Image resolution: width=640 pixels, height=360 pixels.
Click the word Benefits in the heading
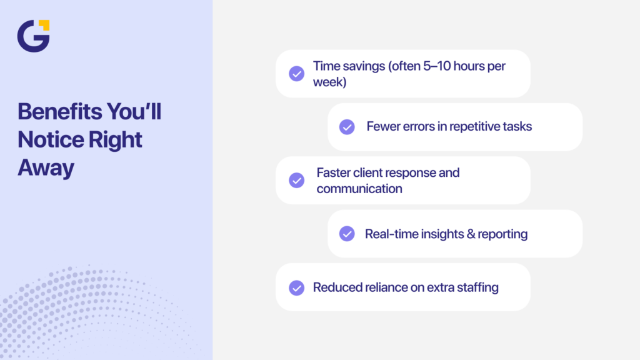point(58,112)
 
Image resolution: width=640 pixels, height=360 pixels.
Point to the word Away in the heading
point(46,167)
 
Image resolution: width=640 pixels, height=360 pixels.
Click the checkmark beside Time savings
point(296,74)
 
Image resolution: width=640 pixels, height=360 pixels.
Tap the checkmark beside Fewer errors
point(347,127)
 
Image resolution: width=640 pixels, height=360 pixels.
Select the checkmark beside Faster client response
point(296,180)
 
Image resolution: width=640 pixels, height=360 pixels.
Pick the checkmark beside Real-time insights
point(347,234)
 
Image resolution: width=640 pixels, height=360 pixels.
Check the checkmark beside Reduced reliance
point(296,287)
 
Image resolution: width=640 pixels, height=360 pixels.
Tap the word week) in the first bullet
point(329,82)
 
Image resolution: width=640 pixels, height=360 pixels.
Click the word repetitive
point(465,127)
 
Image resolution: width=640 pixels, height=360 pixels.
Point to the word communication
point(359,188)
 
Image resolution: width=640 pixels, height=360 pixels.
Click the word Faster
point(334,172)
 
